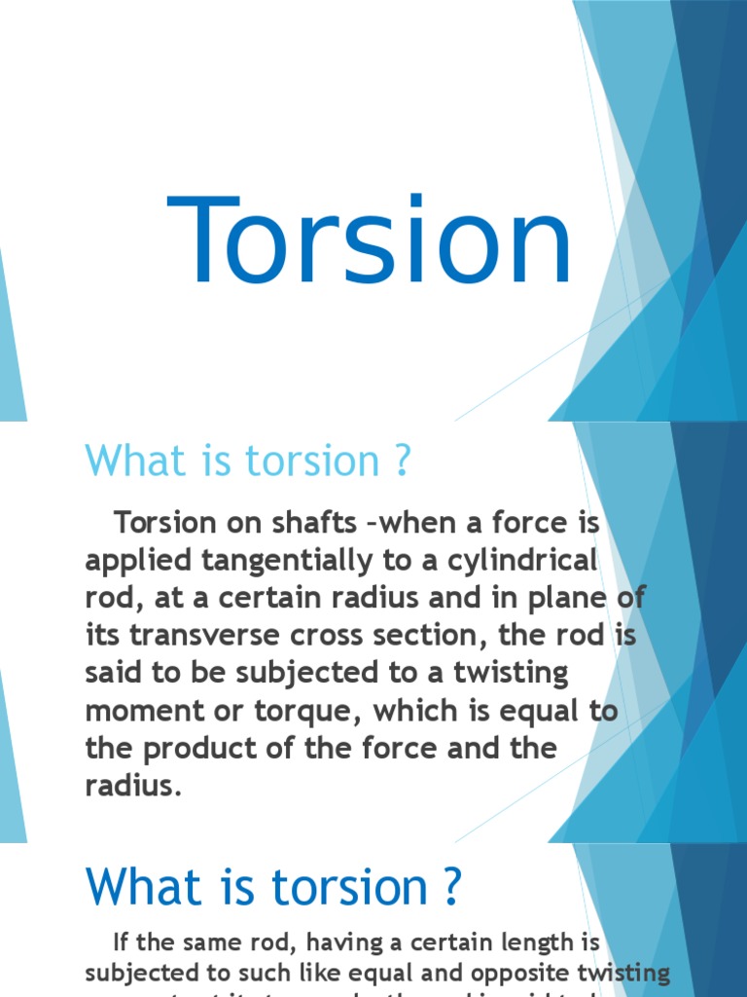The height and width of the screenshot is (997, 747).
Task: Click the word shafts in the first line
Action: tap(310, 523)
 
